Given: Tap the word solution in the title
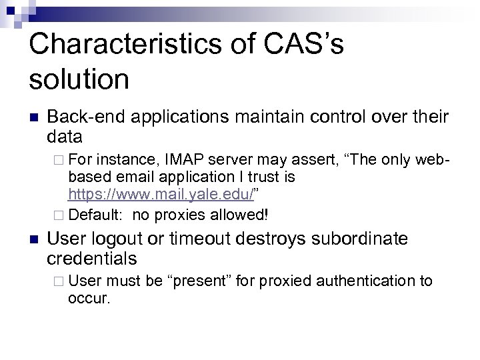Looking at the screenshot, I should [79, 79].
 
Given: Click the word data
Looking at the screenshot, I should [65, 137].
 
